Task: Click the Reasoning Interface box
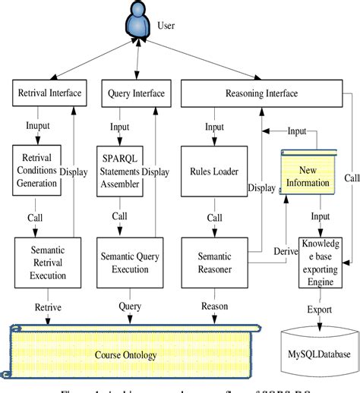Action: click(261, 93)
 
